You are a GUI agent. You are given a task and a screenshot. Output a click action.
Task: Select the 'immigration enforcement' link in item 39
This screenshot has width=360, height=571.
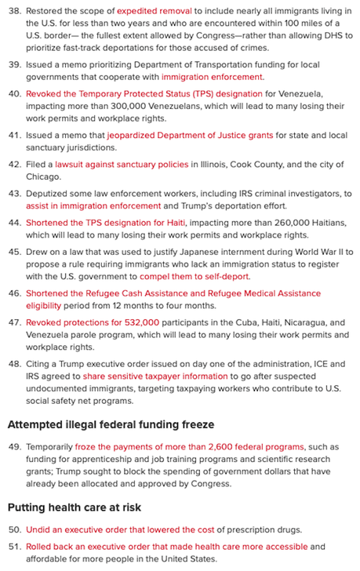(213, 77)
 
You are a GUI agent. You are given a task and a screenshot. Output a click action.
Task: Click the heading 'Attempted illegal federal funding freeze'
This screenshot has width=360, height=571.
(111, 424)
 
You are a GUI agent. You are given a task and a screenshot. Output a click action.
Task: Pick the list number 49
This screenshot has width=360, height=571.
(14, 446)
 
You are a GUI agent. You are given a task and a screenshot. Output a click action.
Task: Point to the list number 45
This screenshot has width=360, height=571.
(14, 252)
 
